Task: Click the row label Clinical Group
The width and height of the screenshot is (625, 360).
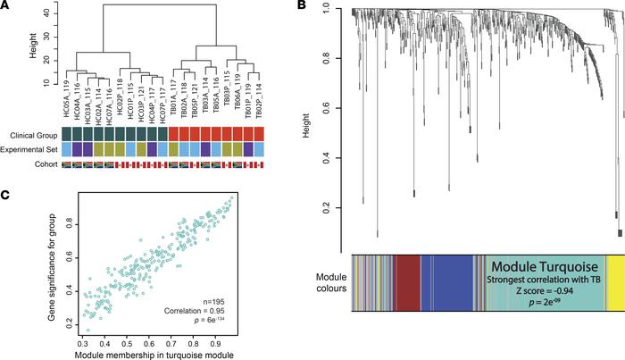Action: pyautogui.click(x=29, y=134)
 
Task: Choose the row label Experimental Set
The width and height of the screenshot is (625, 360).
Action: pyautogui.click(x=26, y=149)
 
